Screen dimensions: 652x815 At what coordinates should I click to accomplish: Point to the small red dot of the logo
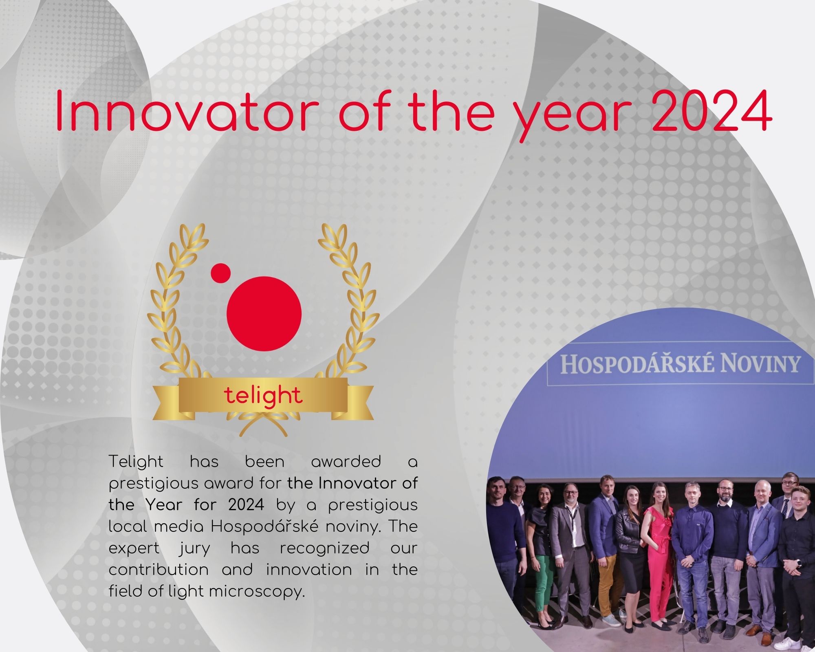(221, 272)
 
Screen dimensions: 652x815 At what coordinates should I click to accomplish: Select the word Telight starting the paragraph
(136, 462)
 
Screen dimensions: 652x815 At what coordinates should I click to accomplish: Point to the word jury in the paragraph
(195, 548)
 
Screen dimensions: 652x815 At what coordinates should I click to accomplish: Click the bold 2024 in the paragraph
(246, 505)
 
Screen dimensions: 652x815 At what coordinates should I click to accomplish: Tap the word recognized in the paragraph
(325, 548)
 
